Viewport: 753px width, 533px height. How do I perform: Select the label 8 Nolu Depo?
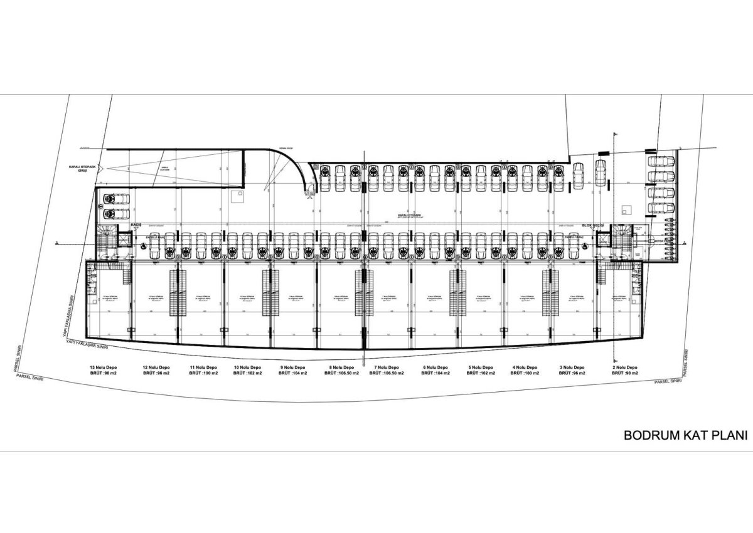339,367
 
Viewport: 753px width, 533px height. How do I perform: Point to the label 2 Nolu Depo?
624,367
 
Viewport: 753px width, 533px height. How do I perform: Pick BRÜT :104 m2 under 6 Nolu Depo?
434,373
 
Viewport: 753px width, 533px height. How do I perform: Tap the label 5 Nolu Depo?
481,367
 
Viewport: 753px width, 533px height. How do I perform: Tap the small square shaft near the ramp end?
237,196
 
